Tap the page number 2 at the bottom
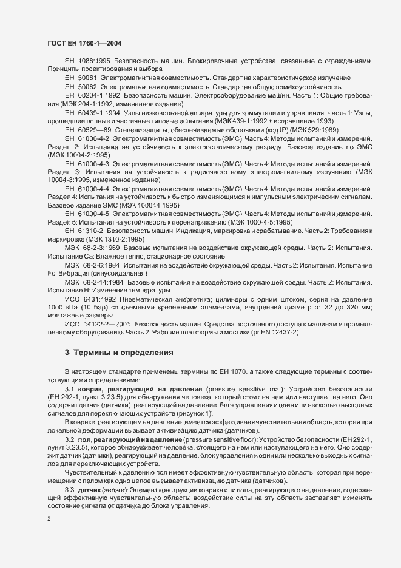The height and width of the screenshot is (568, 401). (x=49, y=519)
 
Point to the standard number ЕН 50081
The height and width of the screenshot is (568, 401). (x=81, y=78)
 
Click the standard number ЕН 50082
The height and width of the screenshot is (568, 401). (x=81, y=87)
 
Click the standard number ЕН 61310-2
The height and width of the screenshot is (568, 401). (x=84, y=232)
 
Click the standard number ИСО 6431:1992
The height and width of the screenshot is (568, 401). (x=90, y=299)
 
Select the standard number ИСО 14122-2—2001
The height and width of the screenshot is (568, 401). (x=96, y=325)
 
